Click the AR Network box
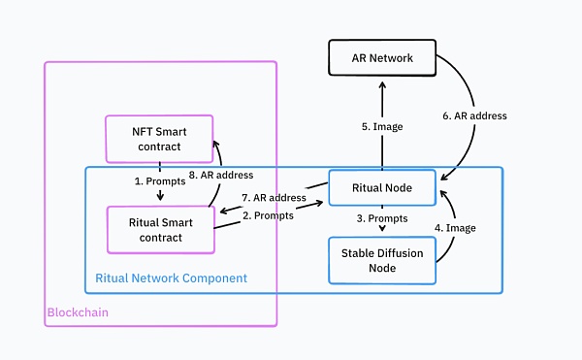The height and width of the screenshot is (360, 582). pos(382,58)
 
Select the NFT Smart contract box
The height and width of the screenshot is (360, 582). pos(158,138)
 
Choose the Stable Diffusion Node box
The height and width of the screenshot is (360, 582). pos(382,259)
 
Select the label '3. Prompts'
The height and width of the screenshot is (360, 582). pos(382,219)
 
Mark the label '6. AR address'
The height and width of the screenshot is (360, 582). pos(475,115)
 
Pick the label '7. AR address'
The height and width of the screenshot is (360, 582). pos(275,197)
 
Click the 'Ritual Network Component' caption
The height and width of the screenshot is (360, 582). pos(171,278)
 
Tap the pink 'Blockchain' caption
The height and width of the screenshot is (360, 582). pos(78,313)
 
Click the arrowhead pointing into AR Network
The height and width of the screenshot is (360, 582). pos(382,84)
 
